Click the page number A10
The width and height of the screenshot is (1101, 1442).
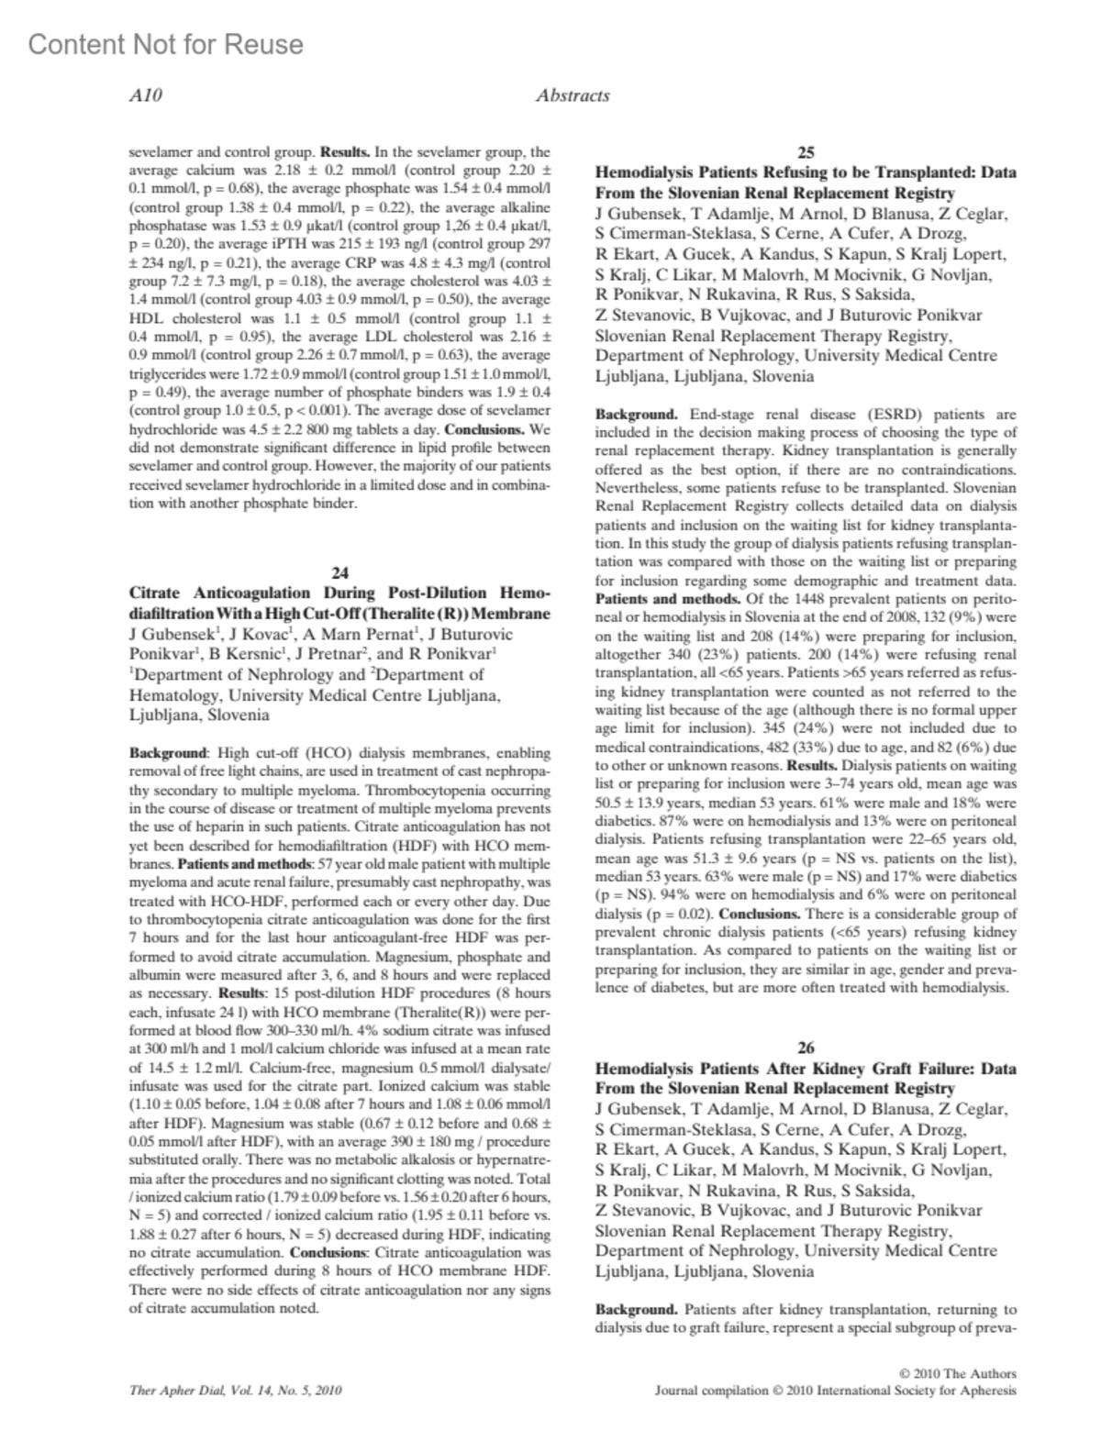coord(146,95)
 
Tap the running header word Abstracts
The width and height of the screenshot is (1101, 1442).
coord(573,95)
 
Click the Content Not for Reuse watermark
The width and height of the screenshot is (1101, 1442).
coord(166,44)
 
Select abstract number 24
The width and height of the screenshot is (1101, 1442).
coord(339,572)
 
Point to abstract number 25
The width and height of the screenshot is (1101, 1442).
coord(806,153)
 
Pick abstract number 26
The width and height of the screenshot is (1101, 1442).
coord(806,1048)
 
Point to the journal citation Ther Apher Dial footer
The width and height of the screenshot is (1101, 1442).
coord(236,1391)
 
